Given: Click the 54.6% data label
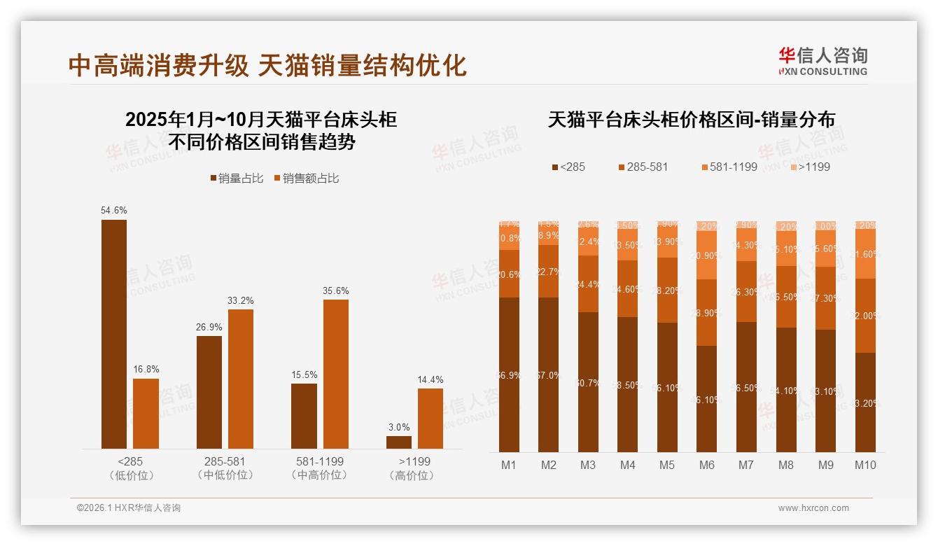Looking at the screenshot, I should (114, 210).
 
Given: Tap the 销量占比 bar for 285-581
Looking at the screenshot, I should (209, 392).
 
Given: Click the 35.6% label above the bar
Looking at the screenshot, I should (336, 290).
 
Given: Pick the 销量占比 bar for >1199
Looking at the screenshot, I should (399, 442).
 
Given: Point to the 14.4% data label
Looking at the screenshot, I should (430, 379).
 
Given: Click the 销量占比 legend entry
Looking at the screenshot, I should (237, 178).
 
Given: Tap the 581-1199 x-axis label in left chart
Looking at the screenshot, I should (319, 462).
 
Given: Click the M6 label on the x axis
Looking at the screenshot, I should (707, 465).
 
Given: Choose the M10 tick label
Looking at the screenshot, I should (865, 465).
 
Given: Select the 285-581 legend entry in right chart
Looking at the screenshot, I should (643, 167).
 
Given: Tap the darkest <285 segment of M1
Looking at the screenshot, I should (509, 374).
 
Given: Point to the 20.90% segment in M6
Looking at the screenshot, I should (707, 255).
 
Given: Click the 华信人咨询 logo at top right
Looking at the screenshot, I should (822, 61).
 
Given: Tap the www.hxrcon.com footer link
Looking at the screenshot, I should (813, 508).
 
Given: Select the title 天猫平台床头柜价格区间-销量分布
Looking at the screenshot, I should (691, 120).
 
